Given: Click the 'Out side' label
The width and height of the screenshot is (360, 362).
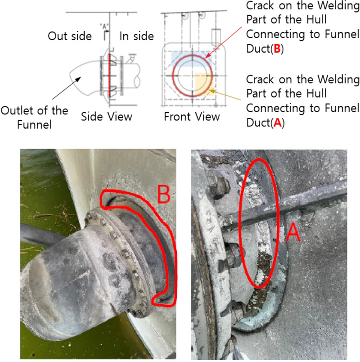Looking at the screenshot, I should (x=70, y=36).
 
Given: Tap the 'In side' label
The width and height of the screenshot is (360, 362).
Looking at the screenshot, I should (x=137, y=36).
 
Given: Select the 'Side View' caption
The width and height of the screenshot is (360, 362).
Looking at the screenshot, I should (x=107, y=117).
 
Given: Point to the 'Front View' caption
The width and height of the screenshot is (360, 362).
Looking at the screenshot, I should (x=192, y=117).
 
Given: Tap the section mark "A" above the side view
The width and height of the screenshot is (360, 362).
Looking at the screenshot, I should (x=105, y=26).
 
